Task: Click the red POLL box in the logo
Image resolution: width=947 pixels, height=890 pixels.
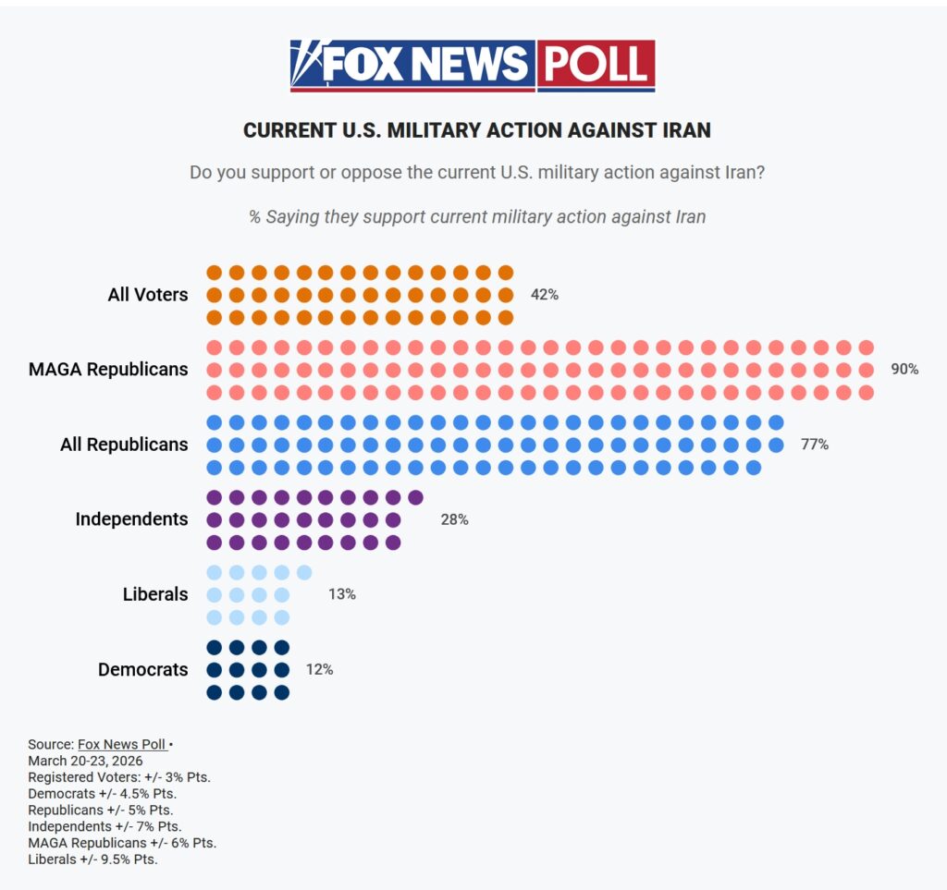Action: point(596,65)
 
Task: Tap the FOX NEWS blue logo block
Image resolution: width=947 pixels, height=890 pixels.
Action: point(412,65)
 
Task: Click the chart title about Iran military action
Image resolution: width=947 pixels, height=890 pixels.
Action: point(476,130)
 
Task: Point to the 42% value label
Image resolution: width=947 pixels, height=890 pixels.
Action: point(544,295)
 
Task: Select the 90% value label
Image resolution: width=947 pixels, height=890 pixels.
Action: point(904,369)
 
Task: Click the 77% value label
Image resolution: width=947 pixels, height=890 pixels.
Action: point(815,445)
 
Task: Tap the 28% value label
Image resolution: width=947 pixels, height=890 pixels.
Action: point(454,519)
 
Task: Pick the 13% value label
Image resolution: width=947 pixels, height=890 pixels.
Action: point(341,594)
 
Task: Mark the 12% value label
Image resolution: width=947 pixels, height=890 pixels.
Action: point(319,669)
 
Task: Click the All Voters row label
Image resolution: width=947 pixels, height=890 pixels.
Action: point(147,295)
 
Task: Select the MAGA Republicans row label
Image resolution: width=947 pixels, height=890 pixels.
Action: point(108,370)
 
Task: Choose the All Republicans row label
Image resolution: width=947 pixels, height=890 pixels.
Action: point(124,445)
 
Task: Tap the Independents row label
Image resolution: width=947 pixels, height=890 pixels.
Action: point(131,519)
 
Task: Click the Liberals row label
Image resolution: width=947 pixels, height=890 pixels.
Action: point(155,594)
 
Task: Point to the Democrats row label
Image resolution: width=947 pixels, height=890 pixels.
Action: point(142,669)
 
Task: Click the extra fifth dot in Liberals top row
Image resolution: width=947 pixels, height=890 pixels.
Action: point(304,572)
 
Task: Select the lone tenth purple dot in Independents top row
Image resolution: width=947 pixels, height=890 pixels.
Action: point(415,497)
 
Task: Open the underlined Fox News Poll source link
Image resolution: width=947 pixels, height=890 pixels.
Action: point(121,744)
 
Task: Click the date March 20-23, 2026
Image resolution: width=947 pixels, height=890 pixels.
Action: point(85,761)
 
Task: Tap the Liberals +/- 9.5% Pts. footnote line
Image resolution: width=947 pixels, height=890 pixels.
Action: point(92,860)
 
